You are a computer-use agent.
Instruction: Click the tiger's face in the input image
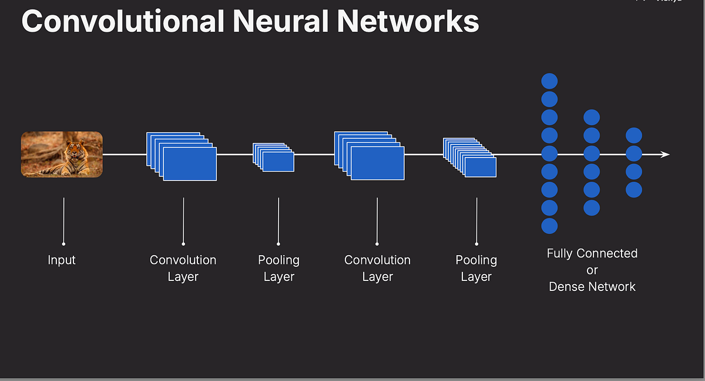[x=75, y=148]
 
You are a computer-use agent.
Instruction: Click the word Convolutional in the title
[x=123, y=21]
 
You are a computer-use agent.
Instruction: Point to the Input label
[x=62, y=260]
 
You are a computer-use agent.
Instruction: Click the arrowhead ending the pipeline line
[x=665, y=155]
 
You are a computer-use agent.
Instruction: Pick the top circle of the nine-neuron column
[x=549, y=81]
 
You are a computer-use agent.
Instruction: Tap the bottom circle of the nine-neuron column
[x=549, y=226]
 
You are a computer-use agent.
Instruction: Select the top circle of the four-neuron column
[x=634, y=136]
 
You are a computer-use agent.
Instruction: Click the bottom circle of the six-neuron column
[x=592, y=208]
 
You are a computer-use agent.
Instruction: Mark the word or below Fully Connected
[x=592, y=270]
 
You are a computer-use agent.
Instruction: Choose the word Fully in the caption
[x=560, y=253]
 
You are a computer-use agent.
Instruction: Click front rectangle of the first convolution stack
[x=190, y=164]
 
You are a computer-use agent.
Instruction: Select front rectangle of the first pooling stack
[x=278, y=162]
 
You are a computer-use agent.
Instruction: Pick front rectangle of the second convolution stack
[x=377, y=163]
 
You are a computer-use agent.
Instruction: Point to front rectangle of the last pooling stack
[x=480, y=167]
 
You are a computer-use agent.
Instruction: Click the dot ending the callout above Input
[x=63, y=243]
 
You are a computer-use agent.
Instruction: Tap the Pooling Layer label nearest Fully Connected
[x=476, y=268]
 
